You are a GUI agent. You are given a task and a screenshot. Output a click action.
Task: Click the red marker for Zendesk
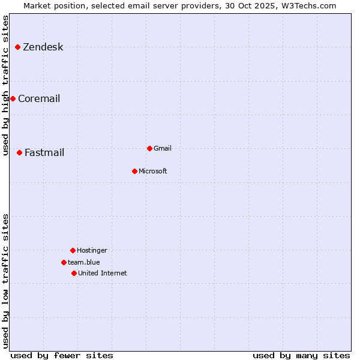(x=17, y=47)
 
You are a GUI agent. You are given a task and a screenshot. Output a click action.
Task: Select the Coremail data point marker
(x=13, y=98)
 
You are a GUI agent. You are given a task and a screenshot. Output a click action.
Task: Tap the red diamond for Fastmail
(x=19, y=152)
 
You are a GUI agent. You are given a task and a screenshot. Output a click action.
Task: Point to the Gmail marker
(x=149, y=148)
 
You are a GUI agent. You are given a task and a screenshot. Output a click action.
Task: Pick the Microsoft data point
(x=134, y=171)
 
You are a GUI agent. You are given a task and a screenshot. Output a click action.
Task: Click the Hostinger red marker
(x=73, y=250)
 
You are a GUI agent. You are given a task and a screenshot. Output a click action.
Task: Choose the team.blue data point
(x=64, y=262)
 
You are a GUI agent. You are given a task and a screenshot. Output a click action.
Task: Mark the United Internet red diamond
(x=74, y=273)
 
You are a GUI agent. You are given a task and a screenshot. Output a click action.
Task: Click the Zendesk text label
(x=43, y=47)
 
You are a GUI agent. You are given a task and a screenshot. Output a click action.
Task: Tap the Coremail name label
(x=39, y=99)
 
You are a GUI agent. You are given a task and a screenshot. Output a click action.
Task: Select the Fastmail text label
(x=44, y=153)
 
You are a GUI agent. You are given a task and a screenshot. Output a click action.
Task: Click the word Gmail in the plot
(x=163, y=149)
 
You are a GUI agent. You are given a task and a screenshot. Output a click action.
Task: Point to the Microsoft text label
(x=152, y=172)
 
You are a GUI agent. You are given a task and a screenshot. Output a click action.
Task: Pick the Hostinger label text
(x=92, y=251)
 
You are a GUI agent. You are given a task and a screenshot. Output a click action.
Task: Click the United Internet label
(x=102, y=274)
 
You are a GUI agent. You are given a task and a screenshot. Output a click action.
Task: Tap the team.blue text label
(x=83, y=263)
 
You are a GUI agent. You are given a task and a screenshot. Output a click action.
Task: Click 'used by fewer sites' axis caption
(x=62, y=355)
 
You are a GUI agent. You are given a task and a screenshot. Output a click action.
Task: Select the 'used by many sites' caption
(x=301, y=355)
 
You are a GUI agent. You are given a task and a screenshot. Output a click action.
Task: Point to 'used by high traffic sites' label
(x=5, y=85)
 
